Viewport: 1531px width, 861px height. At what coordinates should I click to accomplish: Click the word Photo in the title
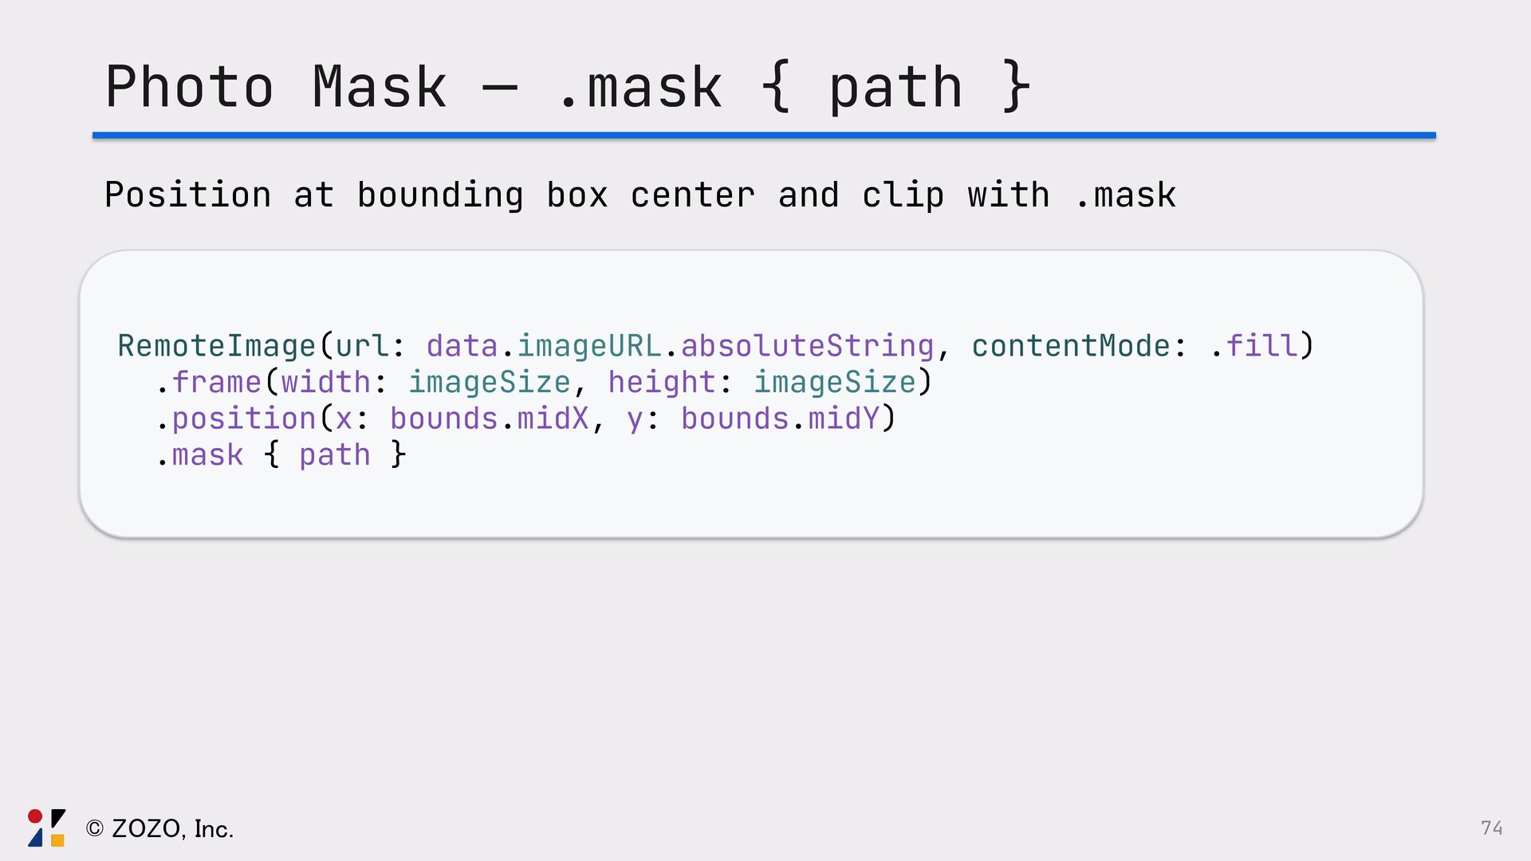(190, 87)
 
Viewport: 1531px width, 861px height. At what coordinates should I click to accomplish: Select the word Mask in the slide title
(380, 87)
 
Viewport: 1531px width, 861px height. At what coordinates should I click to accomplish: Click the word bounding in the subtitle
(440, 196)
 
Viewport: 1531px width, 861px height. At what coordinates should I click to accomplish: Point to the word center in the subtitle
(692, 196)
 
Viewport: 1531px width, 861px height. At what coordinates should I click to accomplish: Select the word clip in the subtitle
(903, 196)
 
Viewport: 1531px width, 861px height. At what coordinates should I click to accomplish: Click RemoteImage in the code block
(217, 347)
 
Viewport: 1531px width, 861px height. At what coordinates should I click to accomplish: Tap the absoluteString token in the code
(807, 347)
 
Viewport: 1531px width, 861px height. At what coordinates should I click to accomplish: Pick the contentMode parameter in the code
(1070, 347)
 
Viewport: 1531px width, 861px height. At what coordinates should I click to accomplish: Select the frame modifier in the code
(217, 383)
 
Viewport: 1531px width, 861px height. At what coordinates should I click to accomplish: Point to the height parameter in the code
(662, 383)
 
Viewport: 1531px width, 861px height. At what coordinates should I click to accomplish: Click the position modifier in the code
(244, 419)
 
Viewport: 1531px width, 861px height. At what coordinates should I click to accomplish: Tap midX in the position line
(553, 419)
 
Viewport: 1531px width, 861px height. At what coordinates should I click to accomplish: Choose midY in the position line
(844, 419)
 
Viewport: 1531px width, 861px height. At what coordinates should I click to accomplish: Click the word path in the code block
(335, 456)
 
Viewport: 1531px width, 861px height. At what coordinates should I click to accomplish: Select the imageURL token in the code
(589, 347)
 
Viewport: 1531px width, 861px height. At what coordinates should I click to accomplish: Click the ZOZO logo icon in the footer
(46, 828)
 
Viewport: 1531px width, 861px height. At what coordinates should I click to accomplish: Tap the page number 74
(1491, 828)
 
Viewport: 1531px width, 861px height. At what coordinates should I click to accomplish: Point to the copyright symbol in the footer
(95, 829)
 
